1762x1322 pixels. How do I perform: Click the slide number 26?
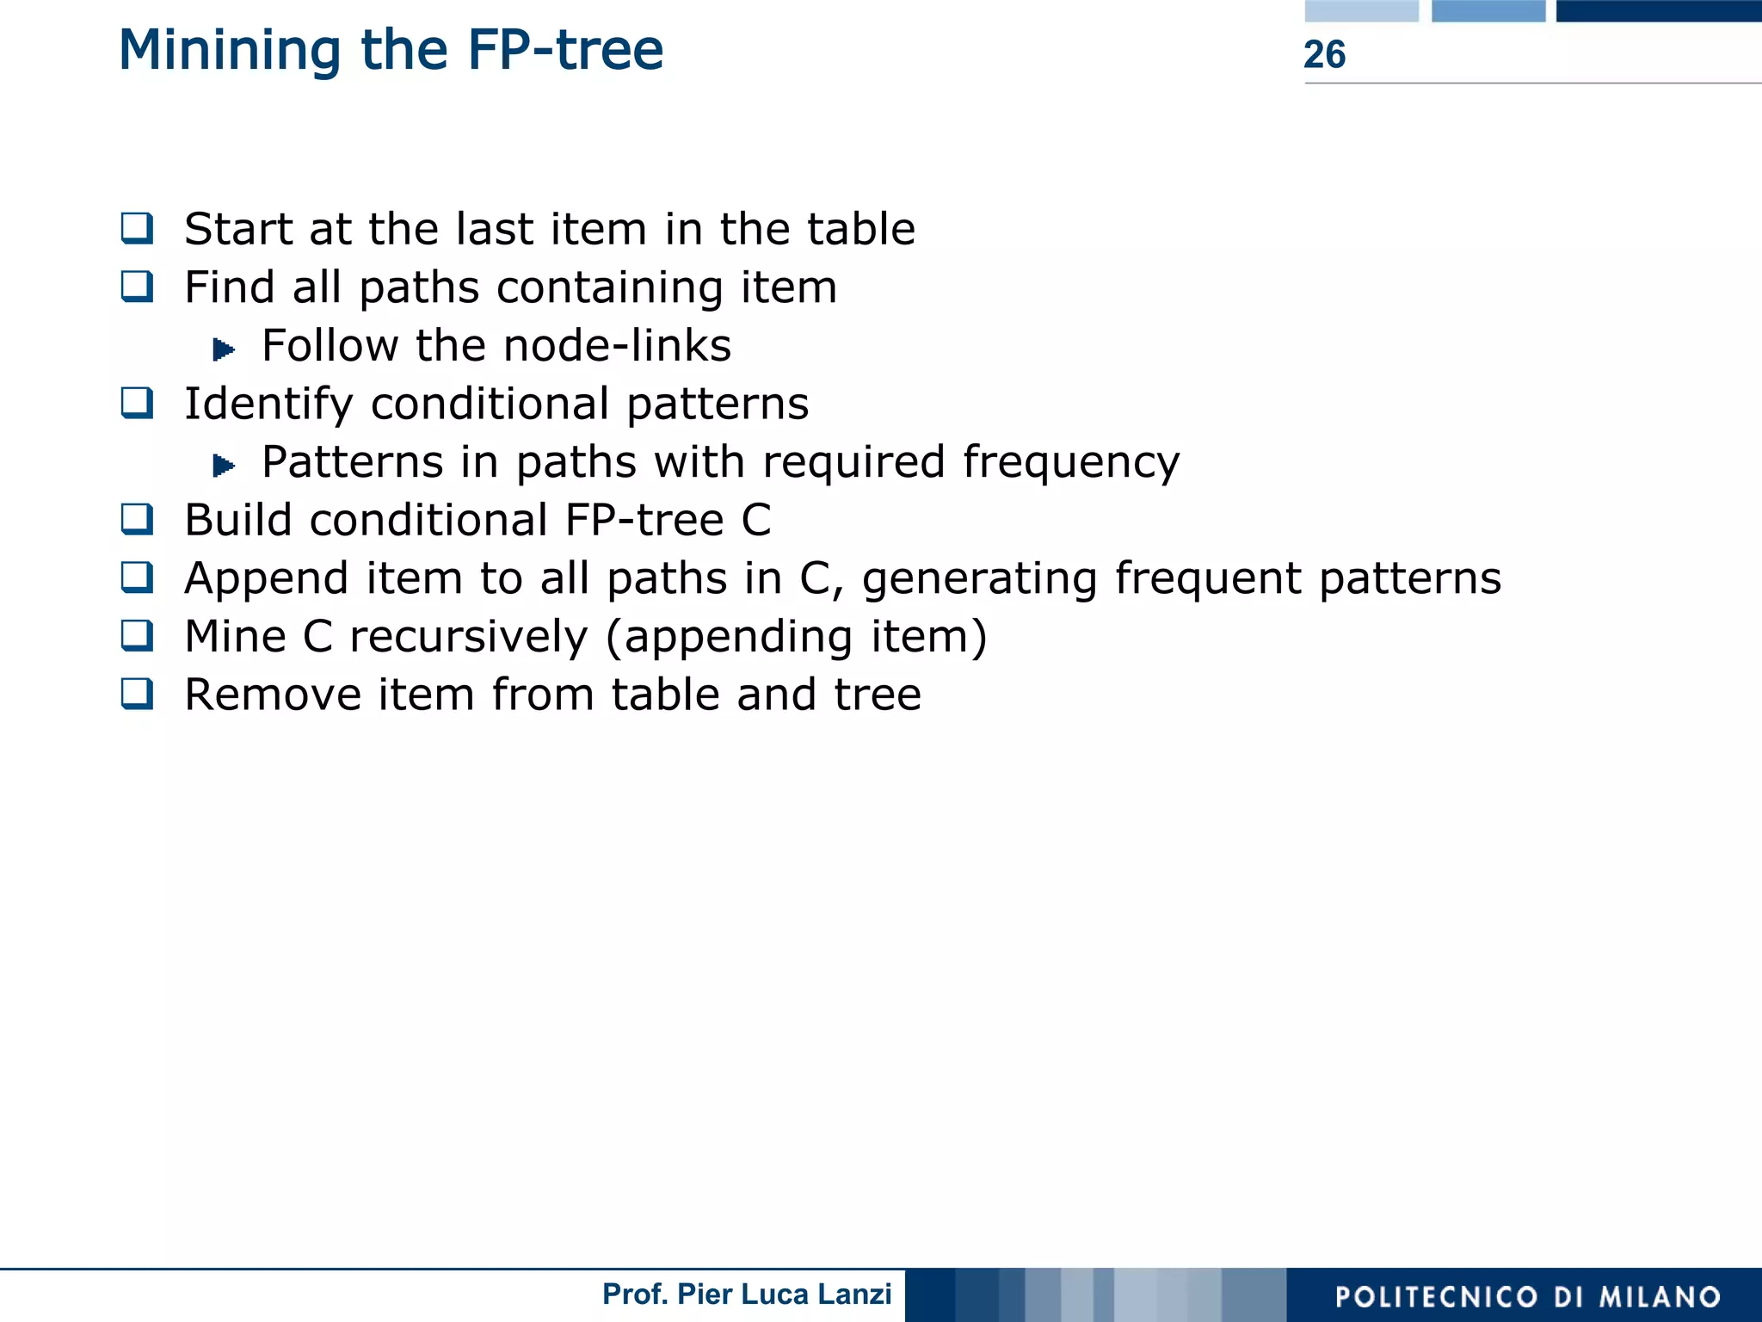(x=1324, y=54)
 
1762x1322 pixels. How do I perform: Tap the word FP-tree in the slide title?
(x=565, y=50)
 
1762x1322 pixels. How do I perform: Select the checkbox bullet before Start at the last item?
(x=138, y=228)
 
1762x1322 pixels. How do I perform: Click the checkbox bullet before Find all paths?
(x=138, y=286)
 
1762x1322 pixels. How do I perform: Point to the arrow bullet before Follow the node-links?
(x=224, y=349)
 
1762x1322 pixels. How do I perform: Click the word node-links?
(x=617, y=346)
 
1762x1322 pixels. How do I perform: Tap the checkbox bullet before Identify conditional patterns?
(x=138, y=403)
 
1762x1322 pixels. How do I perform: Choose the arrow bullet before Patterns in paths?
(x=224, y=466)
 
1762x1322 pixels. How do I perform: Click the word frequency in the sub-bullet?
(x=1071, y=463)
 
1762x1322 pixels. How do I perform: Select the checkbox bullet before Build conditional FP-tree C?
(x=138, y=519)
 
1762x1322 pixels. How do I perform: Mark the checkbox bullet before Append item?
(x=138, y=578)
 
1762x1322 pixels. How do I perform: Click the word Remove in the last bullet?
(x=273, y=695)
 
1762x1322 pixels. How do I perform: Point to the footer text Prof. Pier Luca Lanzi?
(x=747, y=1294)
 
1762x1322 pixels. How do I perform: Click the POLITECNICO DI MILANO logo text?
(x=1527, y=1296)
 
